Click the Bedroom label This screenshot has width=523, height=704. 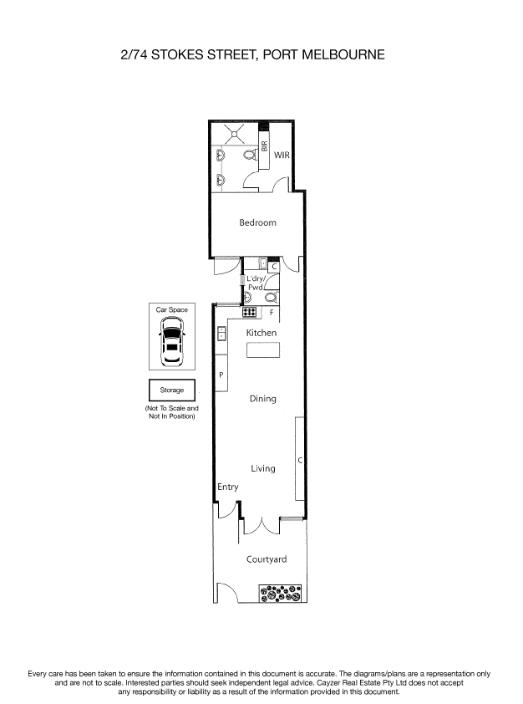click(257, 222)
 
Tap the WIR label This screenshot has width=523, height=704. click(282, 155)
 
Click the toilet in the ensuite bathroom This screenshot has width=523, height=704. click(249, 156)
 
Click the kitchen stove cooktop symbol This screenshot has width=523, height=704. click(249, 312)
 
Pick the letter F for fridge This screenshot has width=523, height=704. click(272, 312)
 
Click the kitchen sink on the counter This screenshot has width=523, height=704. click(221, 334)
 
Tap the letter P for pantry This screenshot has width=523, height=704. click(221, 375)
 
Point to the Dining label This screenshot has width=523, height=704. click(262, 399)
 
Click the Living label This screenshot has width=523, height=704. click(262, 468)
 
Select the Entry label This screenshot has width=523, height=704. click(227, 487)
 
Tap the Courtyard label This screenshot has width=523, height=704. click(267, 559)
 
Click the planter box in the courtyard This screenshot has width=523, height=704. click(281, 594)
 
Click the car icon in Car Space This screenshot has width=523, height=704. click(172, 343)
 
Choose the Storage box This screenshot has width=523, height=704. click(172, 390)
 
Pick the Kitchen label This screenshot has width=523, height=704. click(261, 333)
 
